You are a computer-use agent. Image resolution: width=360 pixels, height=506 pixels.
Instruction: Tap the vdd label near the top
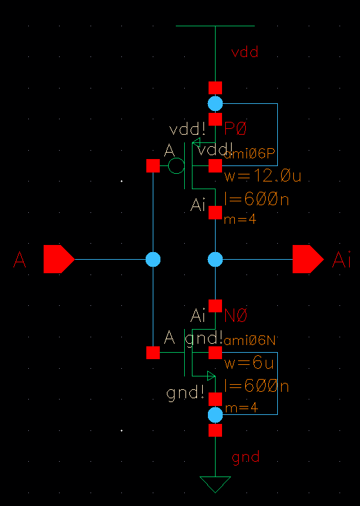244,53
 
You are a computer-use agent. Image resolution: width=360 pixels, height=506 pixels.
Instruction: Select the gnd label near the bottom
245,457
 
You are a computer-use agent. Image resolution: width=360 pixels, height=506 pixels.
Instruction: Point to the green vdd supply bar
215,26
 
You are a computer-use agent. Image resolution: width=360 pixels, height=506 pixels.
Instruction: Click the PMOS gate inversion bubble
176,167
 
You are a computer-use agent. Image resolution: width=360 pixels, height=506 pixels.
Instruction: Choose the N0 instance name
236,316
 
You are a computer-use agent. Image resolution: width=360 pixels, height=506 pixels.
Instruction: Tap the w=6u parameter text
249,364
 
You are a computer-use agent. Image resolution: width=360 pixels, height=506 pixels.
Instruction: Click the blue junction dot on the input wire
153,259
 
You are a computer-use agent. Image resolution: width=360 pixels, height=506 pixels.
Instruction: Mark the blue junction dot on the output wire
215,259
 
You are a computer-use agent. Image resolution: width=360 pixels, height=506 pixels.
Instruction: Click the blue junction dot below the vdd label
215,103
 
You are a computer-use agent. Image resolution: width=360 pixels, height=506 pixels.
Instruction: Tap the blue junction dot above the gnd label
215,415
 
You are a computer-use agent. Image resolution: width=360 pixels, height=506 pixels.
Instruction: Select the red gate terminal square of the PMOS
153,167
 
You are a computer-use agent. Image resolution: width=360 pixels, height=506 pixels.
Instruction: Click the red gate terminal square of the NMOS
153,352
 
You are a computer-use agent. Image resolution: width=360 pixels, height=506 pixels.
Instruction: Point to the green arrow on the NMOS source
210,376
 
